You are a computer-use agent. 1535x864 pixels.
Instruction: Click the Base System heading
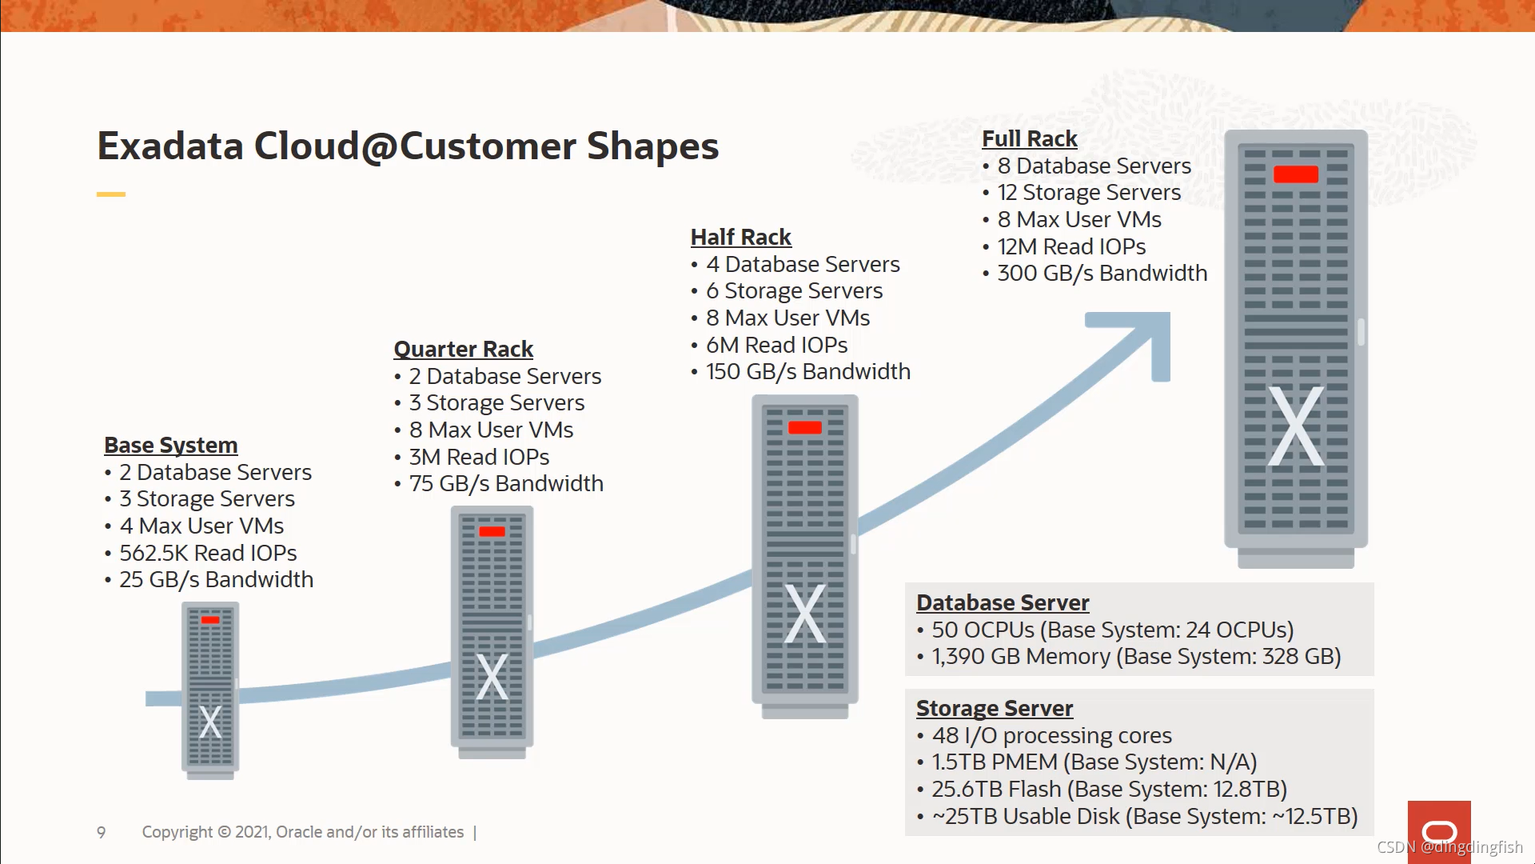tap(171, 445)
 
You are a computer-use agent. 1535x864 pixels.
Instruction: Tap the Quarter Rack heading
tap(463, 349)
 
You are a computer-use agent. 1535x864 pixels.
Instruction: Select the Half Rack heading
tap(740, 237)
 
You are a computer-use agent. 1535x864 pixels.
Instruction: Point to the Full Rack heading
tap(1029, 138)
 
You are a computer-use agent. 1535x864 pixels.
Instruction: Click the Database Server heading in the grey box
tap(1003, 602)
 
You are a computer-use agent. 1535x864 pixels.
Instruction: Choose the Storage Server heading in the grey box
tap(995, 708)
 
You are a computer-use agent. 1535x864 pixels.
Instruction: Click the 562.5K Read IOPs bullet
tap(208, 553)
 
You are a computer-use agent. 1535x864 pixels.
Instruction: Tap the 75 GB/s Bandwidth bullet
tap(506, 483)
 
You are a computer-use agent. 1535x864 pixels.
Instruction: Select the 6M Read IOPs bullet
tap(776, 345)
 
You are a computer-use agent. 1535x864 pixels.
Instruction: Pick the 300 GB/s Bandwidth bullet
tap(1102, 273)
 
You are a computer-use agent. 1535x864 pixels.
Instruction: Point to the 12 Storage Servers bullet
tap(1089, 192)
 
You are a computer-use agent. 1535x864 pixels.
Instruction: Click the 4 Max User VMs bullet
tap(201, 526)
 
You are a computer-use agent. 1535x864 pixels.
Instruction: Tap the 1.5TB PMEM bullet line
tap(1094, 762)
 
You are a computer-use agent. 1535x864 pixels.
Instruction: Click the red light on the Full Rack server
tap(1295, 174)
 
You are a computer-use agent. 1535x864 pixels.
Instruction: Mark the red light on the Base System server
tap(210, 620)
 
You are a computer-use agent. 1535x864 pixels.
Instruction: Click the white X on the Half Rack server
tap(804, 614)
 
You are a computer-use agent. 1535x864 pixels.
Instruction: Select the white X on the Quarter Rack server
tap(492, 677)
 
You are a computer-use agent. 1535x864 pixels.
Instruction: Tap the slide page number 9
tap(102, 832)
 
